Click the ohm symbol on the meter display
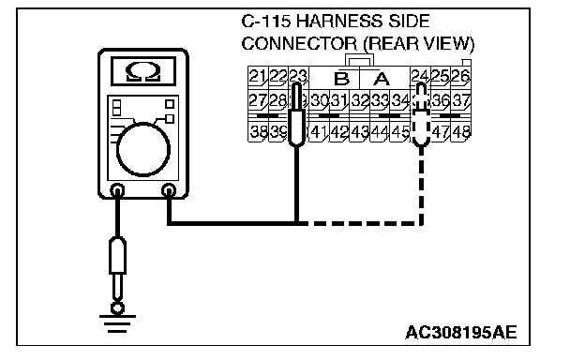tap(143, 72)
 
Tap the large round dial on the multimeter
tap(143, 149)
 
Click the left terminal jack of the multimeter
tap(117, 190)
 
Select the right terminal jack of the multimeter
tap(169, 190)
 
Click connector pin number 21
tap(258, 76)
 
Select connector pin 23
tap(298, 76)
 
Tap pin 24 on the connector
tap(420, 76)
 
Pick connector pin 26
tap(460, 76)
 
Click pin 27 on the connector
tap(258, 100)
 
